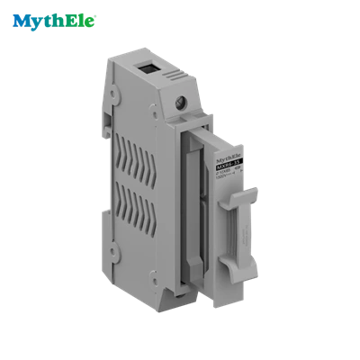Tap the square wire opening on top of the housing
(x=146, y=67)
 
